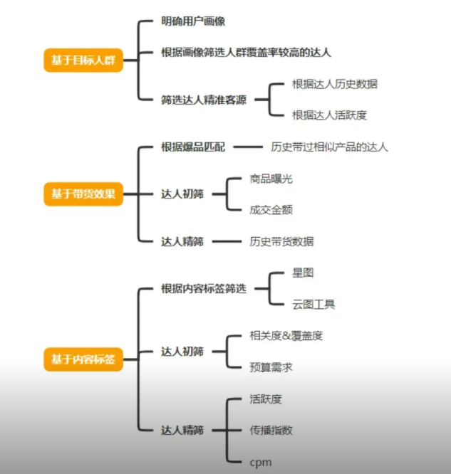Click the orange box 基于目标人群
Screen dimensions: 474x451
pos(83,60)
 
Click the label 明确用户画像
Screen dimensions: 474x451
pos(193,21)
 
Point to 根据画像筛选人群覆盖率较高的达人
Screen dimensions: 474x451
pos(246,53)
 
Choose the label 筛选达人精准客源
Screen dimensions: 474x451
pos(204,100)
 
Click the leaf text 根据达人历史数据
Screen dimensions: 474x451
pos(334,84)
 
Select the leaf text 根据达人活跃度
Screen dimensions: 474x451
pos(329,115)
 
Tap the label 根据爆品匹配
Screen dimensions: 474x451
pos(193,147)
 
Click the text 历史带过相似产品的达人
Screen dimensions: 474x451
pos(329,147)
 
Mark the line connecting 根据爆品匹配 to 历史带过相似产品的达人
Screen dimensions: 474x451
pos(248,147)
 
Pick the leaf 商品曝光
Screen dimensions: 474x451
pos(271,179)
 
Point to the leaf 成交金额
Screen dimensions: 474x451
pos(271,210)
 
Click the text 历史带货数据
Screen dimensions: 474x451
pos(281,241)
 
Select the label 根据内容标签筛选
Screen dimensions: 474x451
pos(204,289)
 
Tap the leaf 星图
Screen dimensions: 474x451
pos(303,273)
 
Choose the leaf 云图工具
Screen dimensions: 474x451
pos(313,305)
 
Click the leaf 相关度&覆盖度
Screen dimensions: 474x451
pos(281,336)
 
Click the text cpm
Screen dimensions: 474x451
pos(261,461)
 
